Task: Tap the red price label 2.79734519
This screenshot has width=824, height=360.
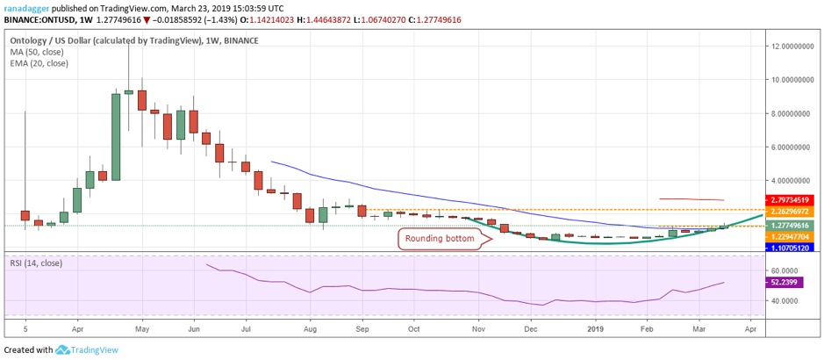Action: point(793,200)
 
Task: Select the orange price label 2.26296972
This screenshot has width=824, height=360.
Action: point(793,212)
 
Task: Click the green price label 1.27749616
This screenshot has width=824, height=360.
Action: point(793,226)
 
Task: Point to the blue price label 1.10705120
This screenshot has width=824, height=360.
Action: point(793,248)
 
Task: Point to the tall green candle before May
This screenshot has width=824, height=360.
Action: point(116,136)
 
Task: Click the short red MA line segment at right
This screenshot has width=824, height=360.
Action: point(691,199)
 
